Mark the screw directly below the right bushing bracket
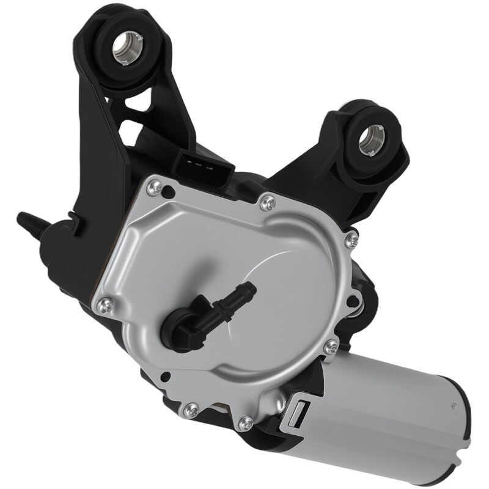(x=351, y=240)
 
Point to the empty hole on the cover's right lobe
(x=353, y=299)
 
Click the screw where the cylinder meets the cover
(x=331, y=347)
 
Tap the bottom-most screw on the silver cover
(x=246, y=421)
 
